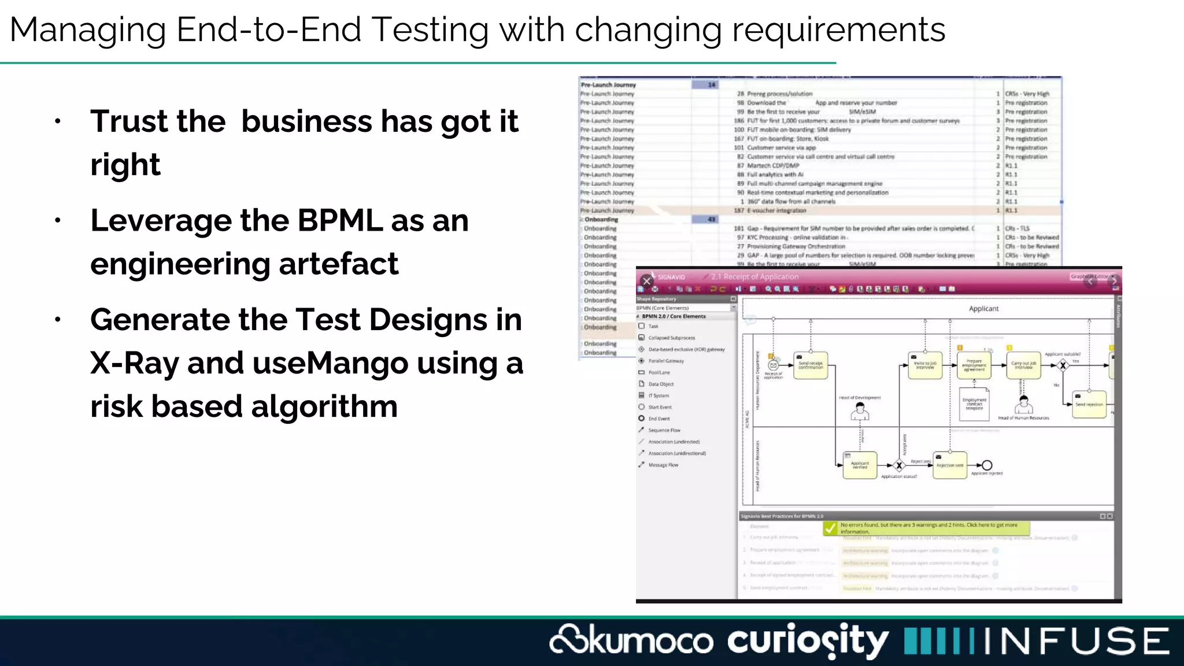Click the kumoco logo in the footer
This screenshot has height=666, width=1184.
pos(631,641)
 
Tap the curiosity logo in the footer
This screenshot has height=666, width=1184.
pos(808,641)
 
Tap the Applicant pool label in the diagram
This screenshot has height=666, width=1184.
pos(983,309)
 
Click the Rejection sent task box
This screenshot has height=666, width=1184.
pos(950,465)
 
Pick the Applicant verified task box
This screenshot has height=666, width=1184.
pos(860,465)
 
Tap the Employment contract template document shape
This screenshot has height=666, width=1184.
pos(974,404)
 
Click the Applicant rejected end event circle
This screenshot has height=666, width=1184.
pos(987,465)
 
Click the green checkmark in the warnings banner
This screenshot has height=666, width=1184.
pos(830,528)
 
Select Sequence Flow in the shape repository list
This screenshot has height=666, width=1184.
pos(664,430)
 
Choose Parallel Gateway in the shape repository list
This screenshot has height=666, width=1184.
pos(666,361)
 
